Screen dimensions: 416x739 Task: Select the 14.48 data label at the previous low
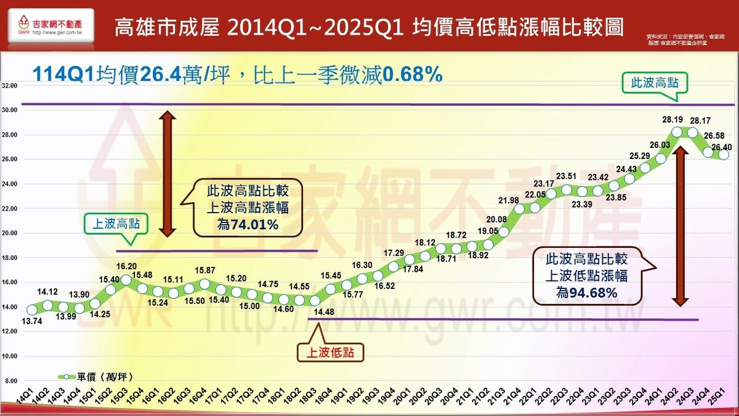(x=325, y=312)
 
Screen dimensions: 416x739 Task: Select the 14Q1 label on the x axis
(x=25, y=400)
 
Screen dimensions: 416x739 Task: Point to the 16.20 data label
(x=126, y=266)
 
